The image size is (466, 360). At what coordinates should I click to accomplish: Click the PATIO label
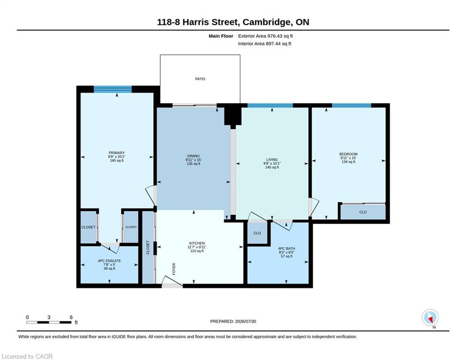pos(200,79)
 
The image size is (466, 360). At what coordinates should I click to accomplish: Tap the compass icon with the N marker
pos(430,317)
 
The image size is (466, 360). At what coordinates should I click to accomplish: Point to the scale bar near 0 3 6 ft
pos(49,322)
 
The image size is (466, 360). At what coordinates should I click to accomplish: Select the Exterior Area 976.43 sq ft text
pos(266,36)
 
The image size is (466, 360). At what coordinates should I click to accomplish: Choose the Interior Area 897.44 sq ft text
pos(265,44)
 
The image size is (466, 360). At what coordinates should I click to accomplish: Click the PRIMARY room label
pos(117,153)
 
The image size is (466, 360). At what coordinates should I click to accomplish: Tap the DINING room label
pos(193,156)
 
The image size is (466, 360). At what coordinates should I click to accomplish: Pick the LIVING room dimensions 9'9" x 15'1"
pos(272,163)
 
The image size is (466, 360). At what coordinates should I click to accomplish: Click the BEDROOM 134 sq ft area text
pos(348,162)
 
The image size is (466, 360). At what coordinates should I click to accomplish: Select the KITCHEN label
pos(197,243)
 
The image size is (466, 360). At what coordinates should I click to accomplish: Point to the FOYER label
pos(174,269)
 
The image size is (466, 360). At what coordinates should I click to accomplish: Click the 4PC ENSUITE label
pos(110,261)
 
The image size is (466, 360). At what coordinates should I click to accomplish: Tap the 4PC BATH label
pos(287,248)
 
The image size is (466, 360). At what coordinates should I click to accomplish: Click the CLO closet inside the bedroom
pos(363,212)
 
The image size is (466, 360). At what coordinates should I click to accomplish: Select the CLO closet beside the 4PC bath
pos(258,233)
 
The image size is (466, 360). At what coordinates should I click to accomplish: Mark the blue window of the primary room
pos(113,89)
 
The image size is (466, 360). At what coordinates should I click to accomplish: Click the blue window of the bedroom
pos(352,105)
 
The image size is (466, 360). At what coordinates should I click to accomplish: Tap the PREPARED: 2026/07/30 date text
pos(233,321)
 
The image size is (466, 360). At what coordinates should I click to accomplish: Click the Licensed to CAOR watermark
pos(27,356)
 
